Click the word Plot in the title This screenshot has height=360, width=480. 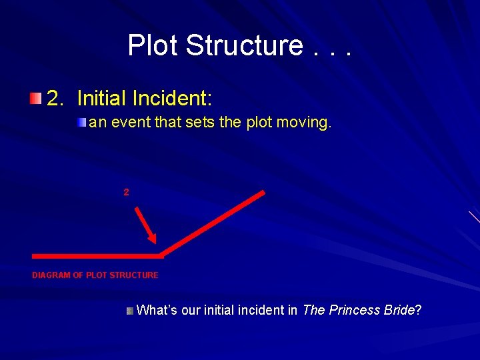(x=153, y=45)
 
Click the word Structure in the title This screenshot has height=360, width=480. (x=244, y=45)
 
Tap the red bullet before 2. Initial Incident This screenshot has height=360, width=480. (x=35, y=99)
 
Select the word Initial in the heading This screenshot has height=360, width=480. (x=102, y=99)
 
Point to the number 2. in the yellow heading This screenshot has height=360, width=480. (x=57, y=99)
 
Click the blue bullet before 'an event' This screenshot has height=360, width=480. (x=81, y=123)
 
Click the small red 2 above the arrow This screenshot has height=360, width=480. (x=126, y=192)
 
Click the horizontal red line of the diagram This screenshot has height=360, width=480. (x=97, y=255)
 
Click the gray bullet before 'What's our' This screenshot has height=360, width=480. (x=130, y=311)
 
